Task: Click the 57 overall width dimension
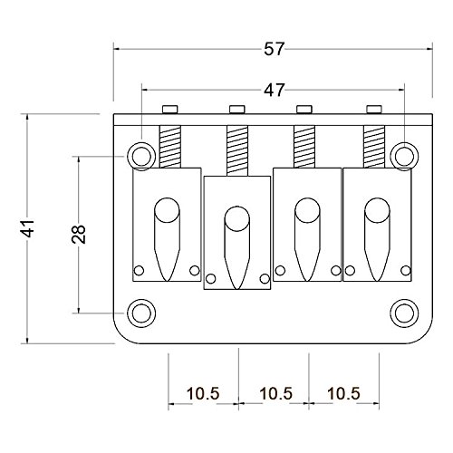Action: pos(275,49)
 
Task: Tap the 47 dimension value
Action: pos(275,90)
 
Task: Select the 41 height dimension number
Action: pos(30,228)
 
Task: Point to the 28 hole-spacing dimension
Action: pos(79,234)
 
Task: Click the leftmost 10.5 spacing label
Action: pos(203,393)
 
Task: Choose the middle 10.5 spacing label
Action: pos(276,393)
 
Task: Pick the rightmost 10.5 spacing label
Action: pos(343,393)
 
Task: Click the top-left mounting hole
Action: pos(141,157)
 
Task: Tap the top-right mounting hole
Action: pos(404,157)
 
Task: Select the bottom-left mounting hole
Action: pos(141,313)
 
